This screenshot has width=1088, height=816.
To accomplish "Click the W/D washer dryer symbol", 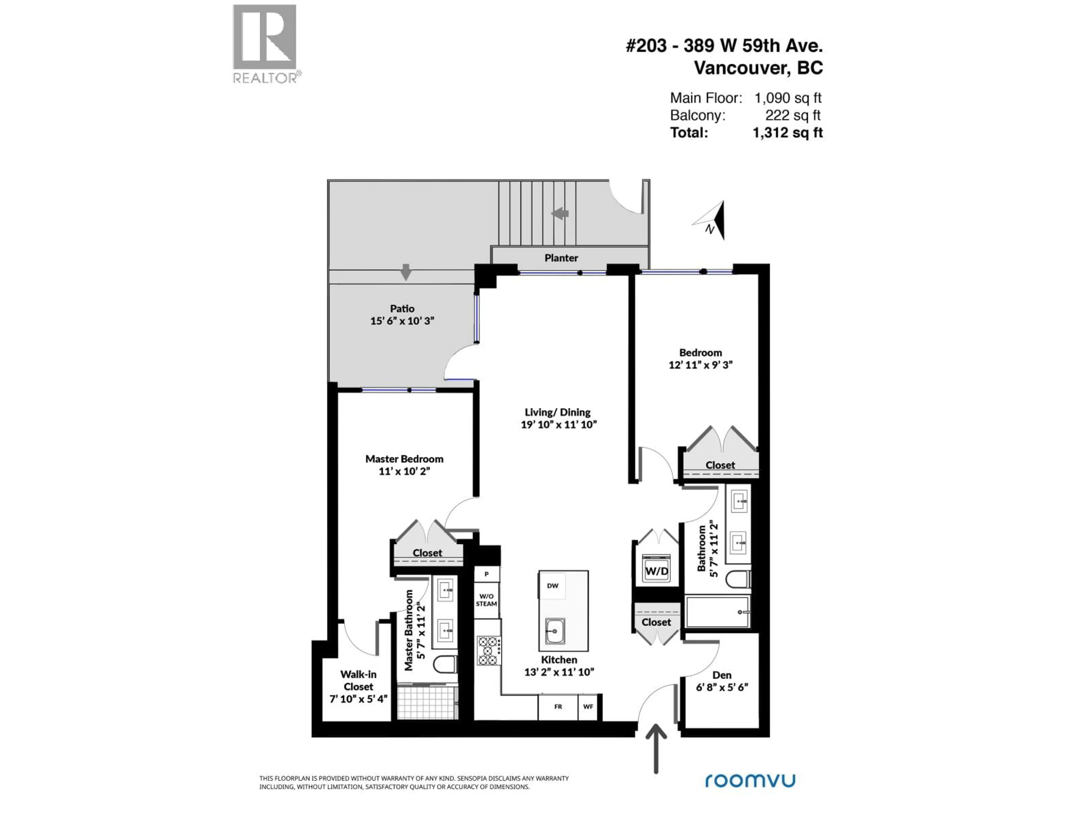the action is coord(657,569).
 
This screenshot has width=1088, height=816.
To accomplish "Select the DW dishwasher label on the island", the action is coord(552,585).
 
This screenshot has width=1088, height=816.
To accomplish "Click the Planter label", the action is coord(561,258).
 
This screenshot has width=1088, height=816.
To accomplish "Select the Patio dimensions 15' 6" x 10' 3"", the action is coord(402,321).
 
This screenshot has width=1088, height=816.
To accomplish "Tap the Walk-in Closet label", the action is coord(359,680).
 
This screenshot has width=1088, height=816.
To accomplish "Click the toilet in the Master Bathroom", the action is coord(445,664).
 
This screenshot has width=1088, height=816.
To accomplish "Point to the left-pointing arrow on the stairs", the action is coord(560,213).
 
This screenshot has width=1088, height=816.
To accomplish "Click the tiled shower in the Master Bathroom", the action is coord(427,703).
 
